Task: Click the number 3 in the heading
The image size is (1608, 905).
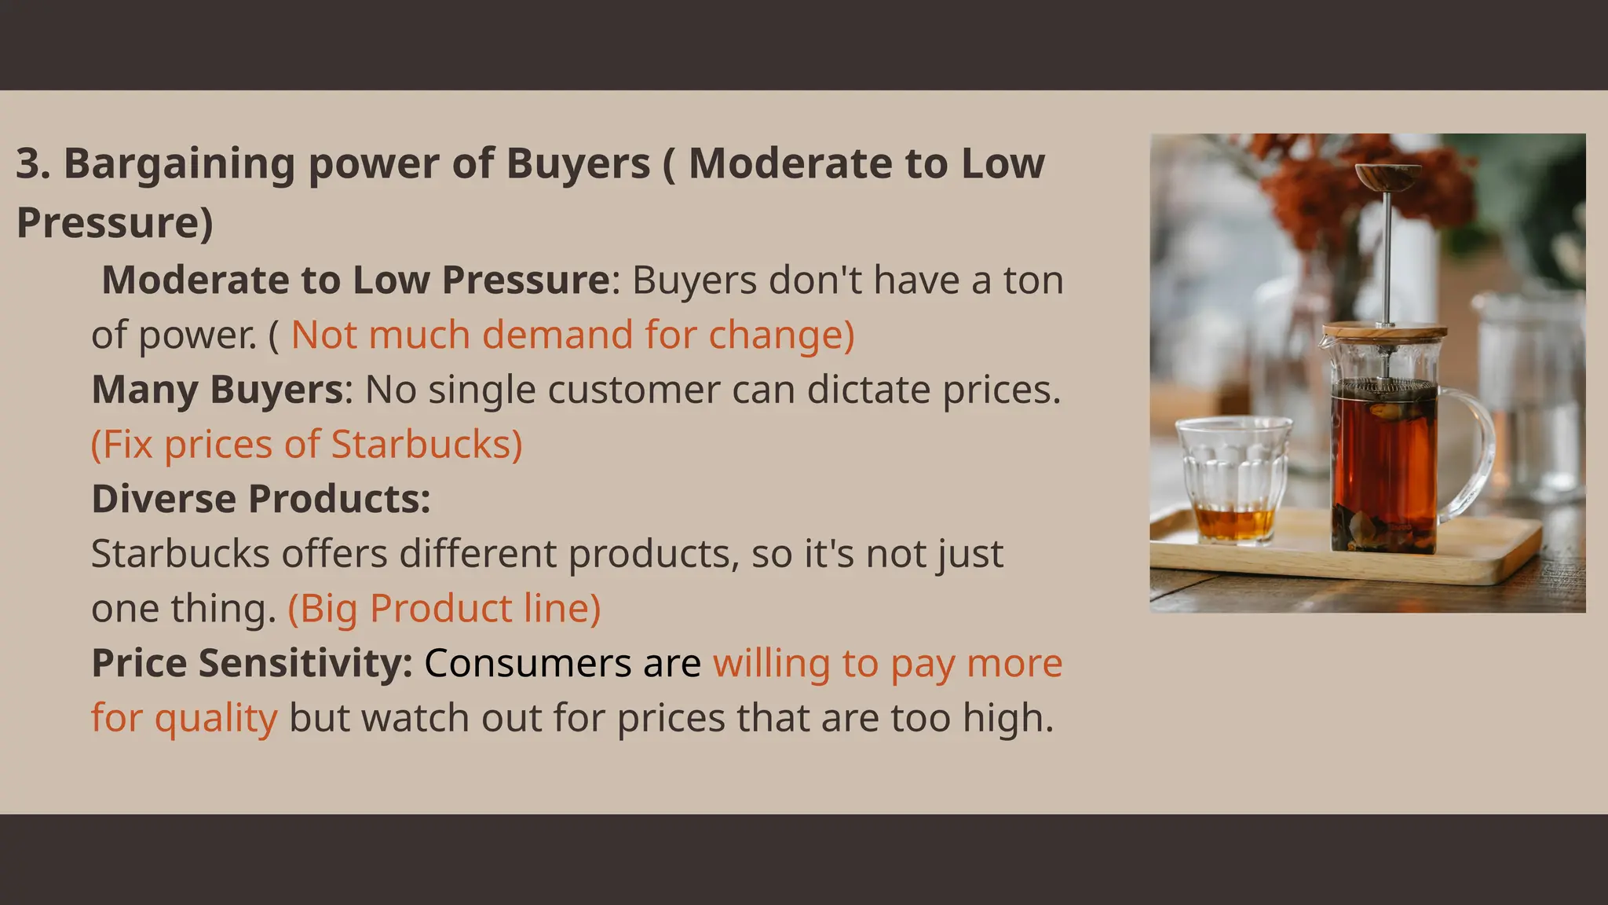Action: coord(28,164)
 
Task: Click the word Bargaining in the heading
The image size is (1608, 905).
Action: coord(178,164)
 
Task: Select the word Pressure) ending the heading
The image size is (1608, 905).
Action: coord(115,223)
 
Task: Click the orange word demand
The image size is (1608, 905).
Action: coord(557,335)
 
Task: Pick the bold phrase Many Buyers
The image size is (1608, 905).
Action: coord(217,390)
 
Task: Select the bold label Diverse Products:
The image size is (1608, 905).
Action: coord(261,499)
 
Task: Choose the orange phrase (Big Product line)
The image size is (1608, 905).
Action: coord(444,609)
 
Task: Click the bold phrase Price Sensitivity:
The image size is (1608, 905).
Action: coord(252,663)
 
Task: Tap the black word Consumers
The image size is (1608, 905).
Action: coord(528,663)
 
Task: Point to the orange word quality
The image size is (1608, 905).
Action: coord(216,718)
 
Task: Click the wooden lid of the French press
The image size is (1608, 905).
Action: coord(1384,331)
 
